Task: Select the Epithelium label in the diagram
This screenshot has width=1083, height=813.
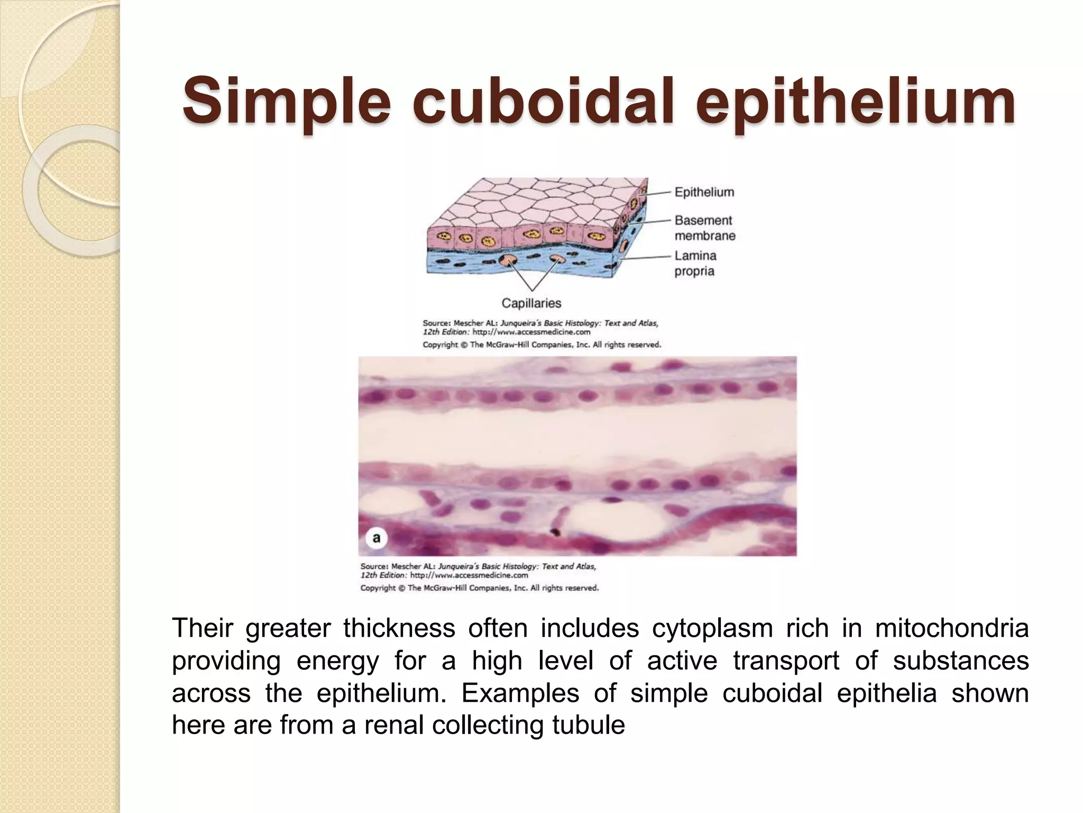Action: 704,192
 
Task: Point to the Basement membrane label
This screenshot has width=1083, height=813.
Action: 704,228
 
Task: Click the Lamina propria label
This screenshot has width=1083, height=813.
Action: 695,263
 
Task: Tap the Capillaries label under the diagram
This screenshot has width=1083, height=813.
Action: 531,303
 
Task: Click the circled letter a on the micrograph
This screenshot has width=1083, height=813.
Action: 377,538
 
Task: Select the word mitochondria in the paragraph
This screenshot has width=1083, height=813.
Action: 951,628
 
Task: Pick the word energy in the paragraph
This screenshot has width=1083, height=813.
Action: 337,661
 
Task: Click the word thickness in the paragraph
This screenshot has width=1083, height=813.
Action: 399,628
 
